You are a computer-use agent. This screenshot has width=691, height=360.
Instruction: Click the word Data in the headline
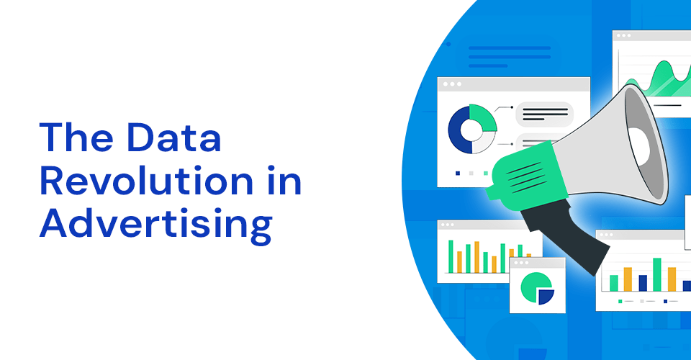pyautogui.click(x=173, y=137)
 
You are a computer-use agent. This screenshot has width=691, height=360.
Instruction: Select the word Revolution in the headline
pyautogui.click(x=146, y=180)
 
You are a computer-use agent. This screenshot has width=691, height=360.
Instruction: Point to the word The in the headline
pyautogui.click(x=76, y=137)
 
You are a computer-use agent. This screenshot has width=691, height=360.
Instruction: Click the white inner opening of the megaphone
pyautogui.click(x=640, y=146)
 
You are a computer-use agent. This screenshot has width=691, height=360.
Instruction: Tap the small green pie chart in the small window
pyautogui.click(x=533, y=286)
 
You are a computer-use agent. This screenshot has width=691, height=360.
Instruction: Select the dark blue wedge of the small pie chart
pyautogui.click(x=546, y=297)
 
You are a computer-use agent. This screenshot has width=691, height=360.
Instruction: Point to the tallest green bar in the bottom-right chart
pyautogui.click(x=656, y=274)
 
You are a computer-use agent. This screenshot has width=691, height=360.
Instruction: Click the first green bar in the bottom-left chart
pyautogui.click(x=451, y=256)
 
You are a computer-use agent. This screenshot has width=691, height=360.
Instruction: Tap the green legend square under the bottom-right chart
pyautogui.click(x=620, y=302)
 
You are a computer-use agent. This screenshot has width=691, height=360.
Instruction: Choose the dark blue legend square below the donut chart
pyautogui.click(x=458, y=174)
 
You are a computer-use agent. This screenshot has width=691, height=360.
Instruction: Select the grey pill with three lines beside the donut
pyautogui.click(x=545, y=114)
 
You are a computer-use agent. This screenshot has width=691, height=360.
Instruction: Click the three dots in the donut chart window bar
pyautogui.click(x=452, y=84)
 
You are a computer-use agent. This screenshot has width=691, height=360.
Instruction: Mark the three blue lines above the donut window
pyautogui.click(x=510, y=57)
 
